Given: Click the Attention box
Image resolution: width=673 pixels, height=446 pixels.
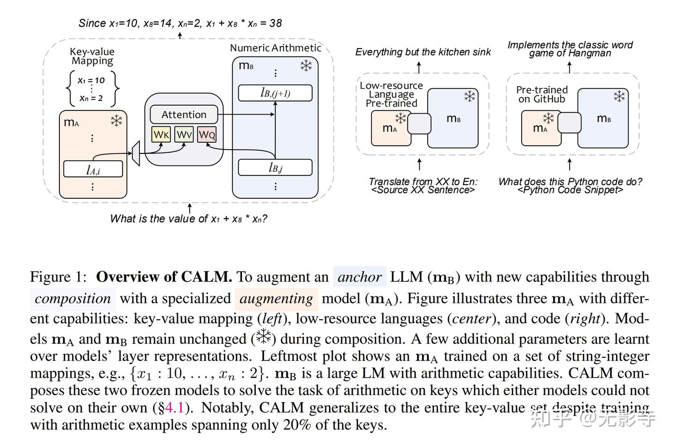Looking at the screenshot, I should pos(184,115).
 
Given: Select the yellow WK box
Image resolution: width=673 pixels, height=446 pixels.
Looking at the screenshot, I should pos(161,135).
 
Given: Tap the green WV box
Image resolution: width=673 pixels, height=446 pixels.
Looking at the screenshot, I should pos(184,135).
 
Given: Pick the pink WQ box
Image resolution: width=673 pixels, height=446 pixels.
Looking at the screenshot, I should pos(207,135).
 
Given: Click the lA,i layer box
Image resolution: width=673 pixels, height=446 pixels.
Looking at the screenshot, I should pos(93,169).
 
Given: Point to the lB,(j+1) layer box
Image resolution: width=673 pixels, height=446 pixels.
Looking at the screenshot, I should pos(275,93).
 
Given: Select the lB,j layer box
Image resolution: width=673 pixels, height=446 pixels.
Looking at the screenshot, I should pos(275,167).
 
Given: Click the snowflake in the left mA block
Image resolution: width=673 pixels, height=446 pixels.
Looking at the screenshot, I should pos(116,121).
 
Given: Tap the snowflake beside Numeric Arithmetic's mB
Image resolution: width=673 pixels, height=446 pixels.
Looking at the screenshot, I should pos(306,66).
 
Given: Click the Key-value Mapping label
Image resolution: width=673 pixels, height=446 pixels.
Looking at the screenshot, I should pos(92,56).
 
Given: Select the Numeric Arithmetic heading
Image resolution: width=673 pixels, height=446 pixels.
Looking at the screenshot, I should pos(275,48).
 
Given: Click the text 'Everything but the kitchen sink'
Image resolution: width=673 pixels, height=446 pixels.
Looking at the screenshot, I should pos(422,52).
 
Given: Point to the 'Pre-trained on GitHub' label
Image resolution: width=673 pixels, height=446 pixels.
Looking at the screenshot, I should pos(542,94).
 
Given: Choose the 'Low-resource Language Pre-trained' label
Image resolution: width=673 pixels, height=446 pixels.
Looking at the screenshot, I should pos(391,94).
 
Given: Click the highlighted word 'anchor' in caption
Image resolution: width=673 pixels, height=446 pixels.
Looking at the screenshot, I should pos(359,277).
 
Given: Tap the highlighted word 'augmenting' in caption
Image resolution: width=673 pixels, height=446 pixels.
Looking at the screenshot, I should pos(276,298).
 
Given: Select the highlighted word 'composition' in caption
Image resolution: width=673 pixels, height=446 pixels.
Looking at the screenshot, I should pos(72,298).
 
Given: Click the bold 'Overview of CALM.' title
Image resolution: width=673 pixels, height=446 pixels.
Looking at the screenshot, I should pos(164,277).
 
